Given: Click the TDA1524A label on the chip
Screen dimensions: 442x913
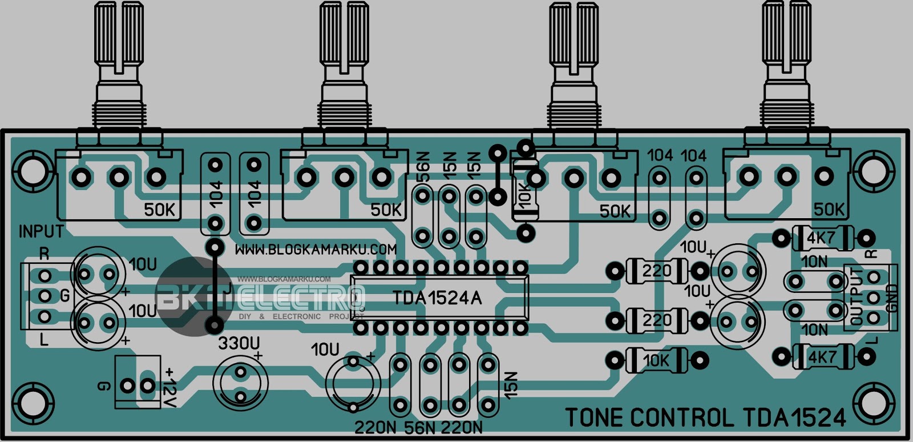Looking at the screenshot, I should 437,298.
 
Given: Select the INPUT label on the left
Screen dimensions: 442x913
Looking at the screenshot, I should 41,231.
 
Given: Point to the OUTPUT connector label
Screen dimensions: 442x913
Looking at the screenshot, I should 857,296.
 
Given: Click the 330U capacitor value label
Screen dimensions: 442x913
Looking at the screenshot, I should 239,343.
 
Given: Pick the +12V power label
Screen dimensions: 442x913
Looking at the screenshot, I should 170,388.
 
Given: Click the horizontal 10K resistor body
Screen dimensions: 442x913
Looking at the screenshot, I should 656,360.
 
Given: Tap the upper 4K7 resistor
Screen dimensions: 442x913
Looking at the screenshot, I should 821,238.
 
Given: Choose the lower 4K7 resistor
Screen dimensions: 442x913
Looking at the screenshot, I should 822,357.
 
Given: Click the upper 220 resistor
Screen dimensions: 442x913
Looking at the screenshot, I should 657,270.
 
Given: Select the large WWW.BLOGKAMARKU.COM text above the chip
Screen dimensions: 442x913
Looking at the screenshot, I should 316,250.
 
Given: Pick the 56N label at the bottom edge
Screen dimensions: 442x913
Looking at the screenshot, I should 420,428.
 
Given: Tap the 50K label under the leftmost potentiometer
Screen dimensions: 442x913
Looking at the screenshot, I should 159,210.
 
